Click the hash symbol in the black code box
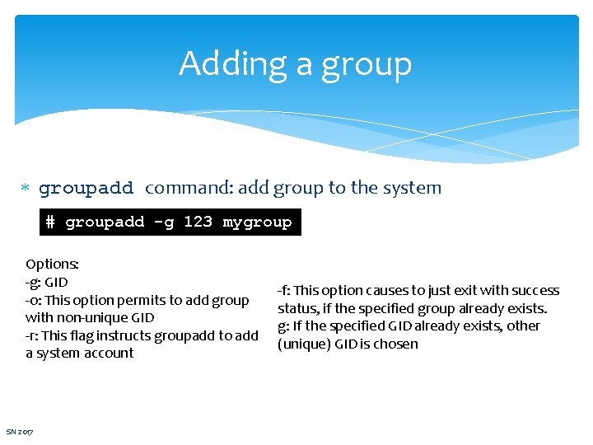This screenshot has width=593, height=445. pyautogui.click(x=51, y=222)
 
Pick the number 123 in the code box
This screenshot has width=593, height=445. pyautogui.click(x=198, y=222)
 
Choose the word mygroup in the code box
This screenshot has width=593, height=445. pyautogui.click(x=257, y=222)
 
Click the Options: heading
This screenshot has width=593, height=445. pyautogui.click(x=52, y=265)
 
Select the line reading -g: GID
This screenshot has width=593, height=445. pyautogui.click(x=47, y=282)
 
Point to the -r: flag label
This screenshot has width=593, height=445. pyautogui.click(x=34, y=335)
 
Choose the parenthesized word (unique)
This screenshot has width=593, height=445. pyautogui.click(x=306, y=344)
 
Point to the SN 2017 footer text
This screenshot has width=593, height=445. pyautogui.click(x=20, y=432)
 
